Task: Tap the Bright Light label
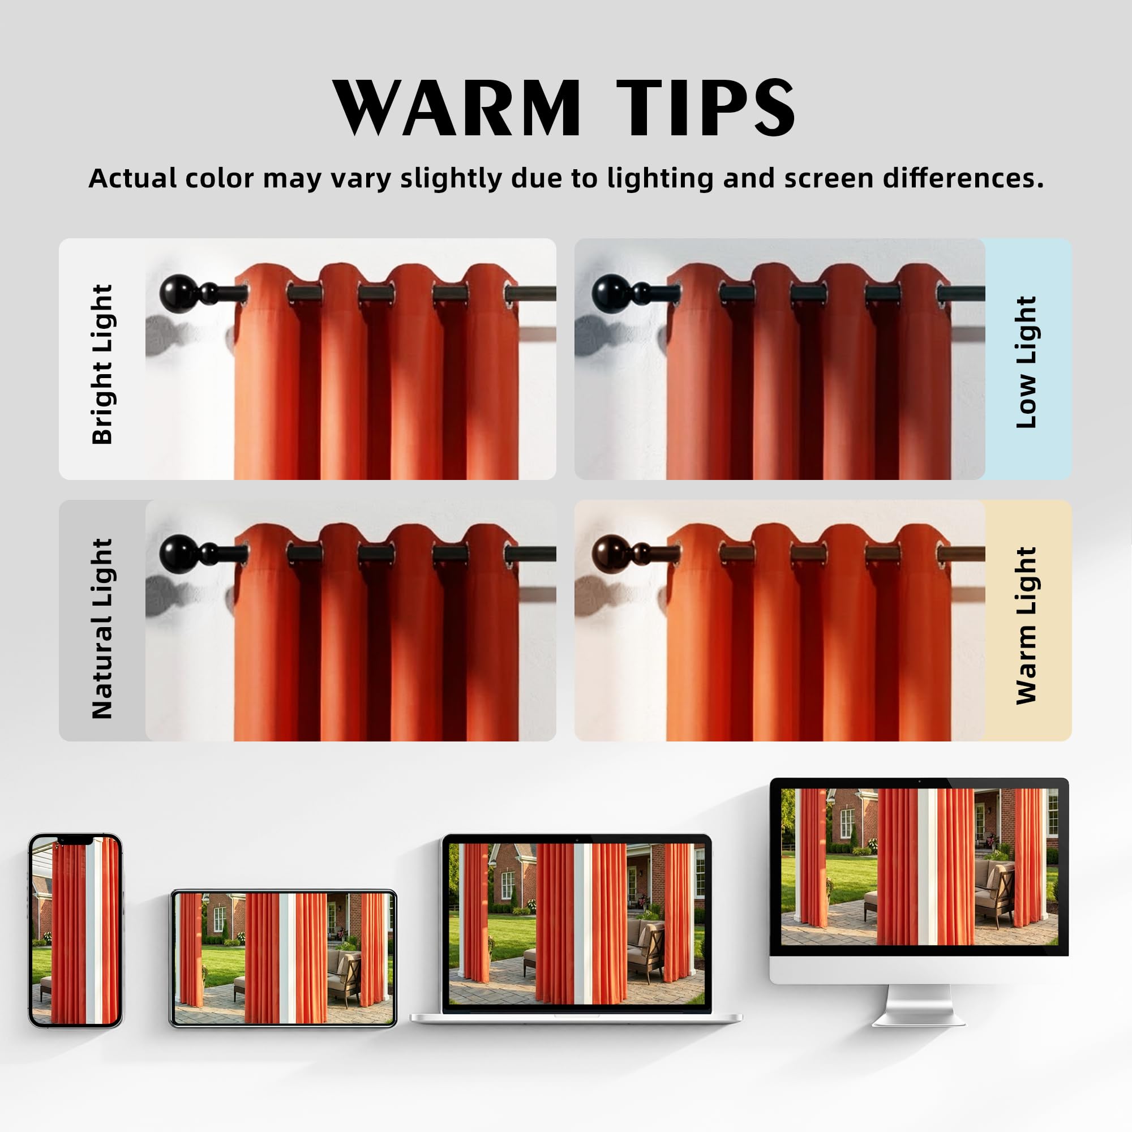click(102, 365)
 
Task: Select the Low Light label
click(1026, 362)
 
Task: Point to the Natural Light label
click(102, 629)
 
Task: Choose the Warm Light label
click(1026, 625)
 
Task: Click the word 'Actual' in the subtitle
click(132, 178)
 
